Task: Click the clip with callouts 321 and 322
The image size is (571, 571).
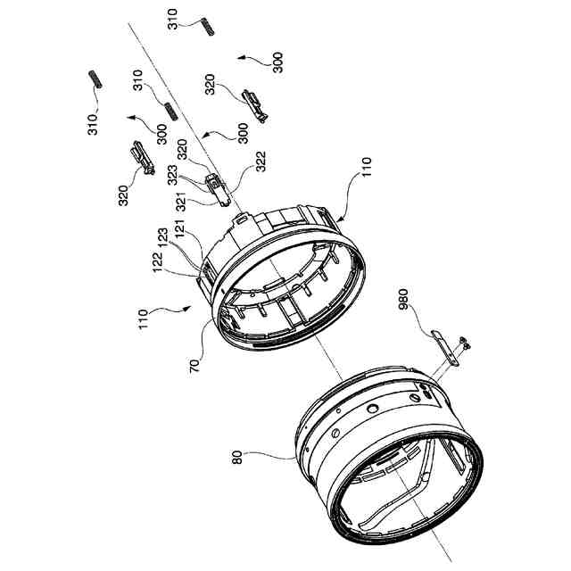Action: pyautogui.click(x=217, y=188)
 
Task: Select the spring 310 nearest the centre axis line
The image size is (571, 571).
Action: pyautogui.click(x=168, y=111)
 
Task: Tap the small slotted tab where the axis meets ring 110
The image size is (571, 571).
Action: pyautogui.click(x=239, y=216)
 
